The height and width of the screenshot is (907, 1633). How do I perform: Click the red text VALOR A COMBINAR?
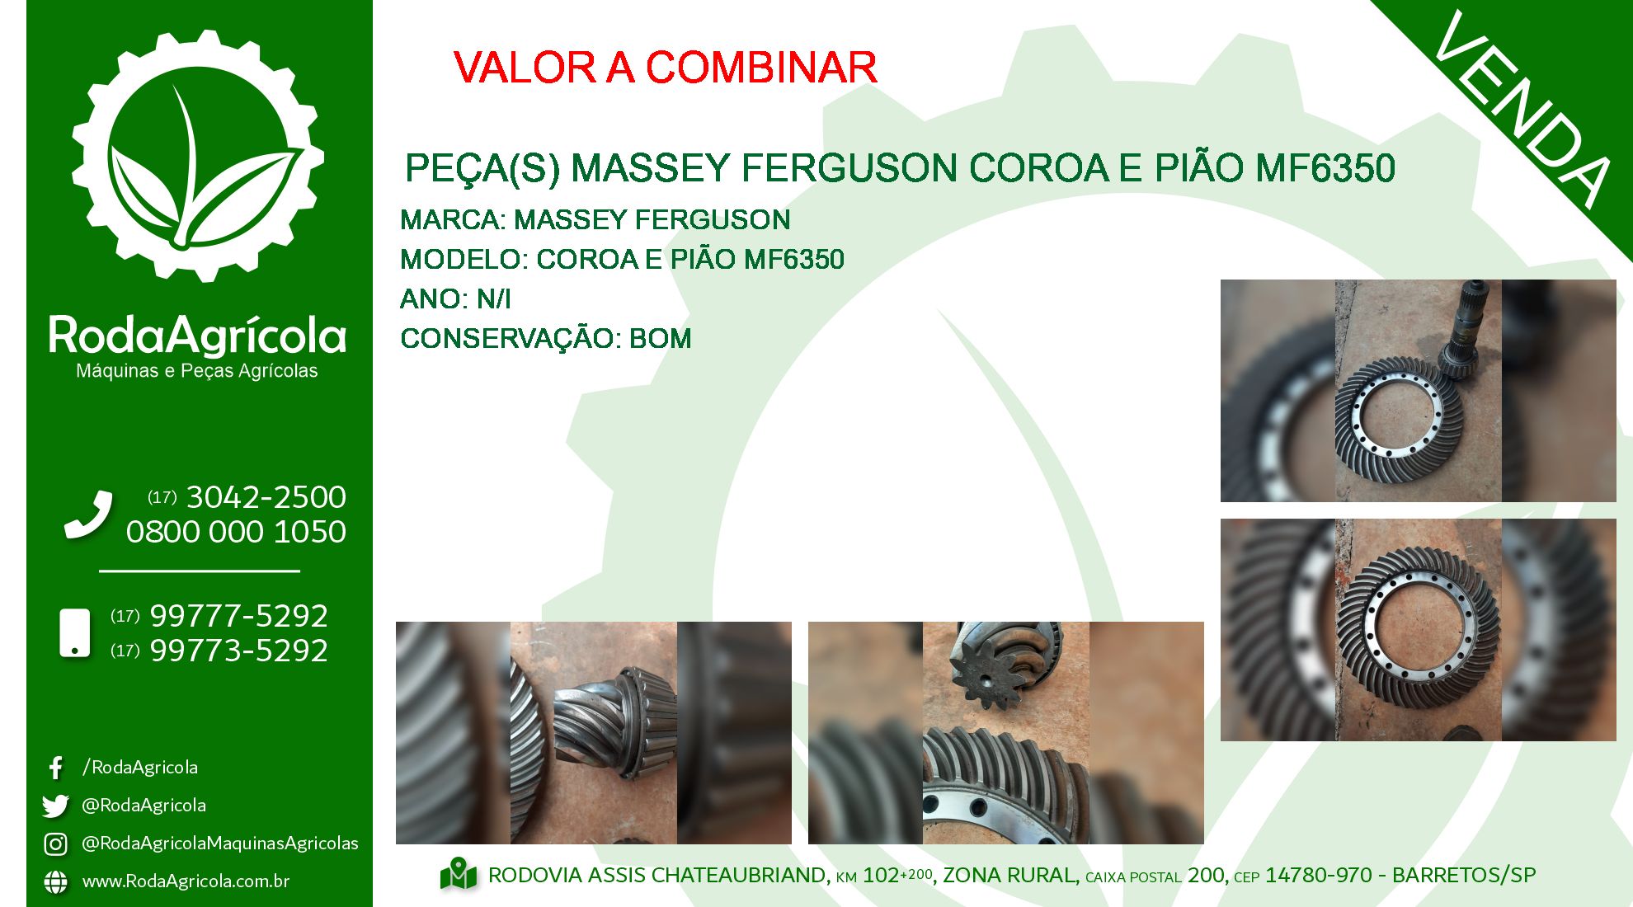click(665, 68)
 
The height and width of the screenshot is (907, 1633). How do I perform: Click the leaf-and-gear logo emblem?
click(198, 156)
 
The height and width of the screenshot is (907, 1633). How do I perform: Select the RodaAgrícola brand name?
click(198, 336)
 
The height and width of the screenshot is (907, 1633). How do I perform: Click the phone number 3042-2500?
click(266, 497)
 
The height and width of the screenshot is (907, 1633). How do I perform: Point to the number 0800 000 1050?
click(236, 532)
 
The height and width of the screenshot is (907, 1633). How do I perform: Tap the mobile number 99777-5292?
click(238, 616)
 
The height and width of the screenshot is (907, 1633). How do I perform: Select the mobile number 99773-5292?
click(238, 651)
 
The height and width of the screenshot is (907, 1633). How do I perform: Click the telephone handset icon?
click(88, 515)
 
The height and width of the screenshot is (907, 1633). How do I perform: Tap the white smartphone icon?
click(75, 633)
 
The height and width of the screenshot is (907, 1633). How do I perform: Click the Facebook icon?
click(55, 768)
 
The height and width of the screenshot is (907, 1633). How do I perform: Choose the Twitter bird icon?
click(55, 806)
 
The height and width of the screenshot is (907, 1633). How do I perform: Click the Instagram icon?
click(55, 844)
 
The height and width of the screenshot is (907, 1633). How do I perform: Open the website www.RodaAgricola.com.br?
click(186, 881)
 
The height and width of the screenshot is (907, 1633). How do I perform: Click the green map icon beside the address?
click(459, 875)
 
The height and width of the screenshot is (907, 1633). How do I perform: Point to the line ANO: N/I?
click(455, 298)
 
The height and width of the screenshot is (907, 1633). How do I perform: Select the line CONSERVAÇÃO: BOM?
click(545, 338)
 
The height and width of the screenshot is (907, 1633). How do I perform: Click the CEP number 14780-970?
click(1319, 875)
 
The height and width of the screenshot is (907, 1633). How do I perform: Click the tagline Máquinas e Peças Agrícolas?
click(197, 371)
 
